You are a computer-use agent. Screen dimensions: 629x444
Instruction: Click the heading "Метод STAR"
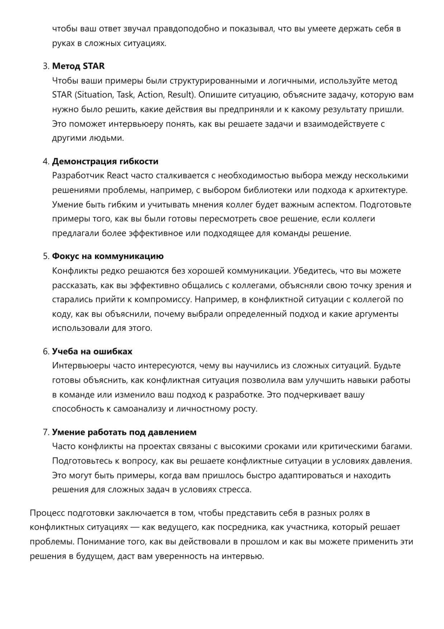coord(78,66)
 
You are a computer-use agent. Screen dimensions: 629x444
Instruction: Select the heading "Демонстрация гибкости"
coord(105,161)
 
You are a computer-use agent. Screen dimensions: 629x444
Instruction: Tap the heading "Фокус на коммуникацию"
coord(108,256)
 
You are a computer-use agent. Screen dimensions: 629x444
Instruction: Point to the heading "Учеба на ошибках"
coord(92,351)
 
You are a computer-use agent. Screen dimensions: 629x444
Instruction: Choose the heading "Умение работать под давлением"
coord(124,432)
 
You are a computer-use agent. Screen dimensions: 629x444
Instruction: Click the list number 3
coord(45,66)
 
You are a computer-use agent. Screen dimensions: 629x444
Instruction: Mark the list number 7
coord(45,432)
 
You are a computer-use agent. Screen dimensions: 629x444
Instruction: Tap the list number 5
coord(45,257)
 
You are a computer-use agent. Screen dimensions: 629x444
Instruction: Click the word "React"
coord(118,176)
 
